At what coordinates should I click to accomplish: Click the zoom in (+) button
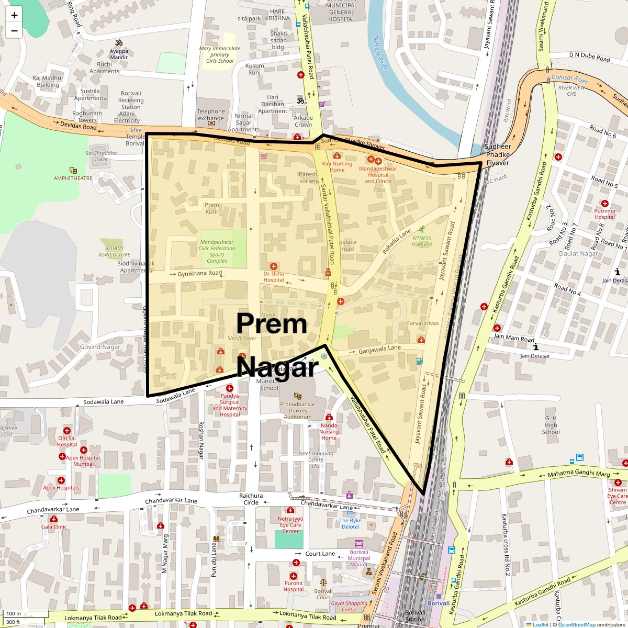coord(14,15)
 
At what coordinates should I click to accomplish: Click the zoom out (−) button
coord(14,31)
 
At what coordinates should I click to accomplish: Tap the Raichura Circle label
coord(251,499)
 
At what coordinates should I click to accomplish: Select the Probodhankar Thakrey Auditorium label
coord(298,410)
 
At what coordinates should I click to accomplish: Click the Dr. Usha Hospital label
coord(274,276)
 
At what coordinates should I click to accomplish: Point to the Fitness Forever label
coord(421,241)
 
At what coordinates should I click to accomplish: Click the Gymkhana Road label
coord(199,273)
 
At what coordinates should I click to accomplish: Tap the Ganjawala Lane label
coord(379,348)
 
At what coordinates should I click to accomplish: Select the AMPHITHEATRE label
coord(73,178)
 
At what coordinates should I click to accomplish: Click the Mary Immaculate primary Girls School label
coord(220,54)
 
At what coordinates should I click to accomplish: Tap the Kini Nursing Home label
coord(337,166)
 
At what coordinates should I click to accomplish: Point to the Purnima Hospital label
coord(604,214)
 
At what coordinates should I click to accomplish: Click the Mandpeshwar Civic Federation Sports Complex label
coord(217,251)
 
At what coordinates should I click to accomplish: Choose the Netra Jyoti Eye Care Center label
coord(290,524)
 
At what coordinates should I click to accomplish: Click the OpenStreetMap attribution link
coord(576,624)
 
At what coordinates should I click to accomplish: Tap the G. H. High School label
coord(551,425)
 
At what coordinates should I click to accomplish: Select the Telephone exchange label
coord(211,115)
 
